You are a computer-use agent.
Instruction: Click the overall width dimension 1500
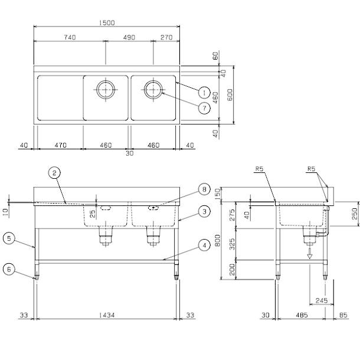(x=107, y=23)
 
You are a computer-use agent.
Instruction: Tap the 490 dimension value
(x=129, y=37)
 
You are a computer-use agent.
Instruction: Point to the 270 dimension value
(x=166, y=37)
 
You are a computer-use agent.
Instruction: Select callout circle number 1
(x=203, y=93)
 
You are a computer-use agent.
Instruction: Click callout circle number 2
(x=54, y=173)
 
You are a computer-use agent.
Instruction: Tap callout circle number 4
(x=202, y=244)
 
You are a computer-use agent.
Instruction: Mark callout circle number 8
(x=203, y=189)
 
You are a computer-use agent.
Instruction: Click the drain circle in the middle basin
(x=106, y=90)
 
